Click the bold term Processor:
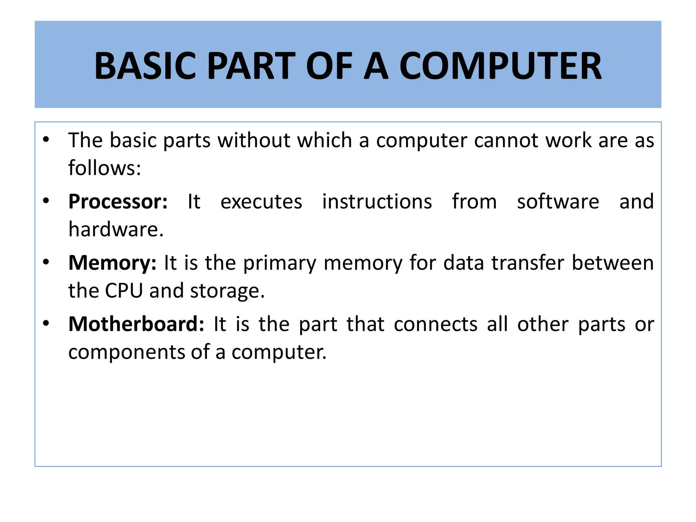click(118, 202)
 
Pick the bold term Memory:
click(112, 263)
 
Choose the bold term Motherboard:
click(136, 324)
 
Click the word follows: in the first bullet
click(105, 168)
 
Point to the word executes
click(261, 202)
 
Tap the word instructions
click(377, 202)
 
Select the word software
click(558, 202)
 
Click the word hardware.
click(116, 229)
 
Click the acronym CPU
click(124, 291)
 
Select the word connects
click(436, 324)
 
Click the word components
click(126, 352)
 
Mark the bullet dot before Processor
click(46, 201)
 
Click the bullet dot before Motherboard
click(46, 323)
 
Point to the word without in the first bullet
click(254, 140)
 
